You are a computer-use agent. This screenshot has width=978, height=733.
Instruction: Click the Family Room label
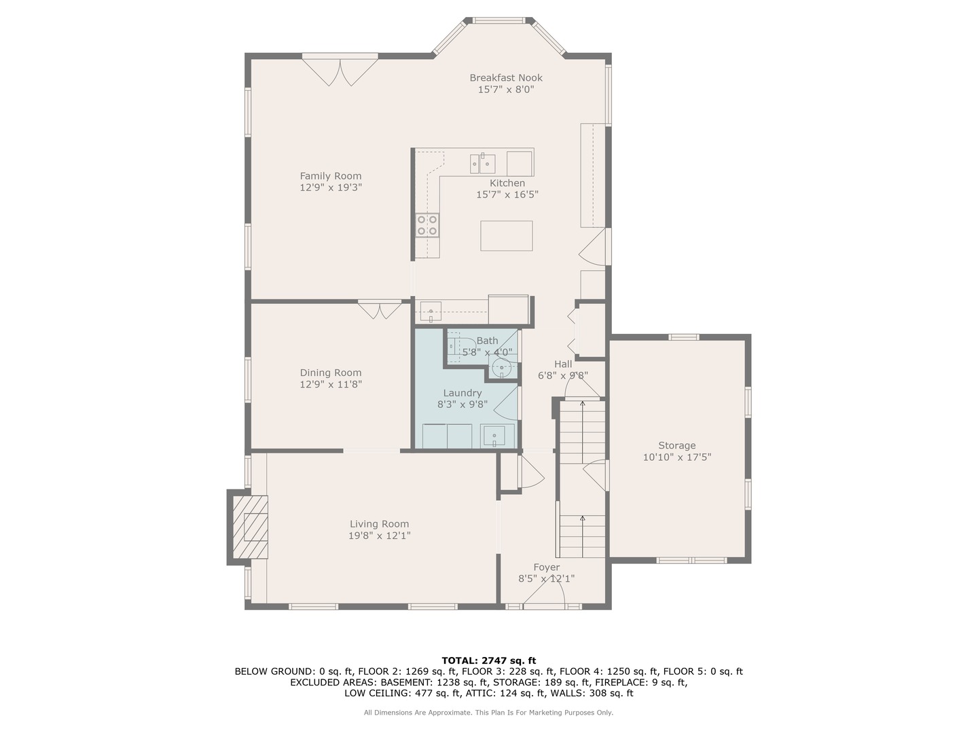tap(330, 176)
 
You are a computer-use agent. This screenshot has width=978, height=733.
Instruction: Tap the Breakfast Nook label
tap(506, 77)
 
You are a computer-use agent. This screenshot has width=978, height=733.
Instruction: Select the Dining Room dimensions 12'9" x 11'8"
tap(330, 384)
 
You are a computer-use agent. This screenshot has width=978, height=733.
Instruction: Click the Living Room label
tap(379, 524)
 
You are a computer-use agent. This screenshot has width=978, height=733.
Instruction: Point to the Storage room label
tap(676, 445)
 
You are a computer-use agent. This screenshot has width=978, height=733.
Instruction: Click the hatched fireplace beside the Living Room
tap(250, 527)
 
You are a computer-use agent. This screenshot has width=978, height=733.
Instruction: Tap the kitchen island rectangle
tap(506, 236)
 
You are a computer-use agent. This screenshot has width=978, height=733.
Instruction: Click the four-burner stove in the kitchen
tap(427, 225)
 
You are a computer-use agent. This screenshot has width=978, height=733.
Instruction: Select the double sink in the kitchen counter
tap(482, 164)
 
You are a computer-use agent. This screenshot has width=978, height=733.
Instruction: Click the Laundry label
tap(462, 393)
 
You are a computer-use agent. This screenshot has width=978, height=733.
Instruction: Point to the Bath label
tap(487, 341)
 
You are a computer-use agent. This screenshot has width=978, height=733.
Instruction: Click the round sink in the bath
tap(502, 368)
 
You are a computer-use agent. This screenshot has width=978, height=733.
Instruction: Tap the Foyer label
tap(546, 567)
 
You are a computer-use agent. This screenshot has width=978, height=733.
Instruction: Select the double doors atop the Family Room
tap(340, 72)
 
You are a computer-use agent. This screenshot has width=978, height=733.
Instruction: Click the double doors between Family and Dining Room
tap(380, 311)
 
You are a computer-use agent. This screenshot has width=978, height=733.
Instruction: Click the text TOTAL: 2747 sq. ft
tap(489, 660)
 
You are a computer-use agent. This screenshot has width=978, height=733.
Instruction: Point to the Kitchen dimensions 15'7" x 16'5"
tap(507, 195)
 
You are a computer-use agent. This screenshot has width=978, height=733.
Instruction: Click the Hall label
tap(563, 364)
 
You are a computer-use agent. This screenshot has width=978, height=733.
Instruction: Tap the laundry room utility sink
tap(494, 436)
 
